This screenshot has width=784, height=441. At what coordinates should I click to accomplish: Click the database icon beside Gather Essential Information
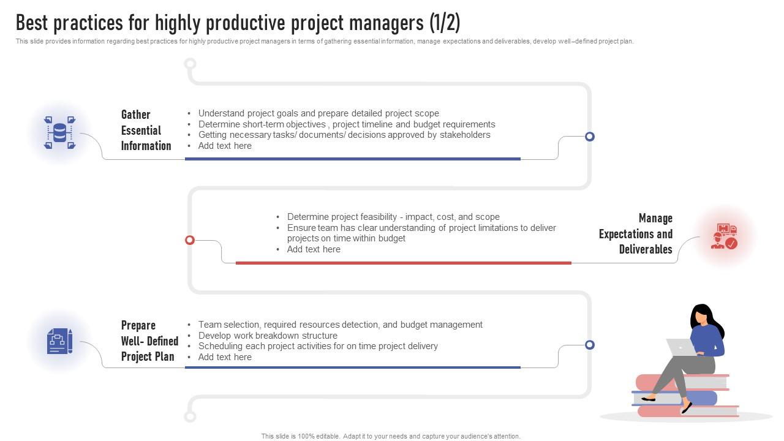[59, 132]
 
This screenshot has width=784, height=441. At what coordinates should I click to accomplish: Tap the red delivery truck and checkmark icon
[724, 236]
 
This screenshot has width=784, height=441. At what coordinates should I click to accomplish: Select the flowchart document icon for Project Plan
[59, 341]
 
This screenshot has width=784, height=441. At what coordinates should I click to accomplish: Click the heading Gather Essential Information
[146, 130]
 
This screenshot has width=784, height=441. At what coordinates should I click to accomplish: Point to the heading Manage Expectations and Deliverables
[636, 234]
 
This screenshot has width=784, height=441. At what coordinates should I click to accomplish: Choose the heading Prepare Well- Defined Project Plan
[149, 341]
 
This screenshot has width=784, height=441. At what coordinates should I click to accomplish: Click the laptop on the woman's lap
[681, 348]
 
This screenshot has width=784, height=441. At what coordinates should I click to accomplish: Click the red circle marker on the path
[190, 240]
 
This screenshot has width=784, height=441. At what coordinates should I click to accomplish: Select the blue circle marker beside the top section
[589, 137]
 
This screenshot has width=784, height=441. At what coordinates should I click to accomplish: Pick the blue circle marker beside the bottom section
[589, 345]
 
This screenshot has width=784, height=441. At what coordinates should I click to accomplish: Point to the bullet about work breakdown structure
[268, 336]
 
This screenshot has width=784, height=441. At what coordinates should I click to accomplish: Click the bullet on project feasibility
[393, 217]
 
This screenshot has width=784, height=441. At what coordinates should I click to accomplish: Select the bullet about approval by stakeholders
[344, 135]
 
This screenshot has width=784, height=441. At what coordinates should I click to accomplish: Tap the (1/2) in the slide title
[444, 23]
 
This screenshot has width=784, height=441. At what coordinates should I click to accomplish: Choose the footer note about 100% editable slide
[391, 436]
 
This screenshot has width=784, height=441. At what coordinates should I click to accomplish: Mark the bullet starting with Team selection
[340, 325]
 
